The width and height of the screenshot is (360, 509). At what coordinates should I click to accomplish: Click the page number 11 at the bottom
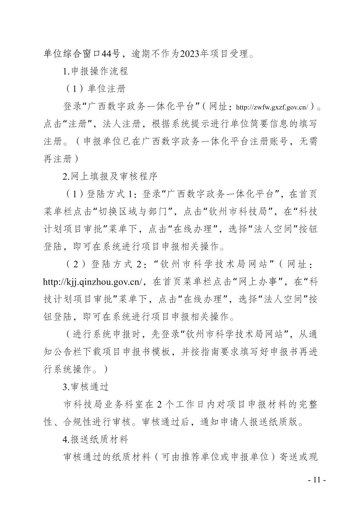coord(317,480)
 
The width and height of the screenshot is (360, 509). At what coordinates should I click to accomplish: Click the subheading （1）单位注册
coord(95,89)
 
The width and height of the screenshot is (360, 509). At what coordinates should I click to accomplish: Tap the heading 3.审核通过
coord(86,387)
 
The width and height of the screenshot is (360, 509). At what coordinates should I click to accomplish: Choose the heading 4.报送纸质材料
coord(95,439)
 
